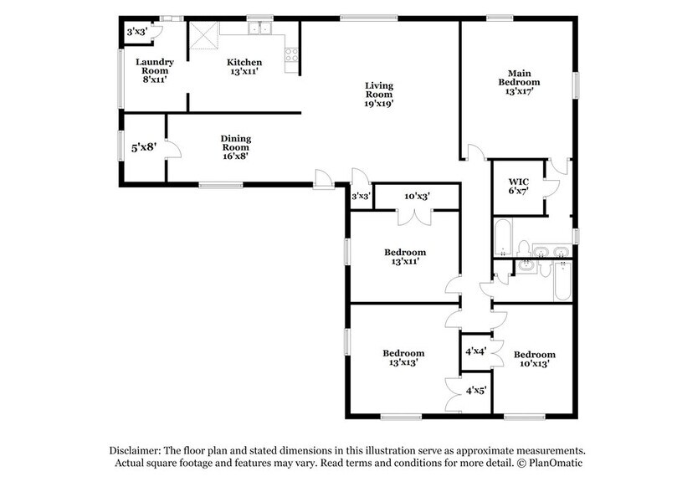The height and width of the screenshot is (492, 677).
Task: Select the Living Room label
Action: click(x=378, y=95)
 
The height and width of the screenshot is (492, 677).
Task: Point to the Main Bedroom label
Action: click(x=519, y=82)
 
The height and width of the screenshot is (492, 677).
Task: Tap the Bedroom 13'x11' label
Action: click(x=405, y=257)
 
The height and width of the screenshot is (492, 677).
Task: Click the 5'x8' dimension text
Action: click(x=144, y=148)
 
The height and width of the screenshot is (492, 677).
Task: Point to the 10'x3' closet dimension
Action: click(x=416, y=197)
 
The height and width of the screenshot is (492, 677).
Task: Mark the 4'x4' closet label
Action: click(x=475, y=351)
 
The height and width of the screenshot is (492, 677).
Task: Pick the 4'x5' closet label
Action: click(x=475, y=389)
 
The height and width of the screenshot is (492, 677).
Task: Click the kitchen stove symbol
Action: click(x=292, y=58)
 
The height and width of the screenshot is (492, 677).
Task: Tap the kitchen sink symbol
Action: click(x=261, y=30)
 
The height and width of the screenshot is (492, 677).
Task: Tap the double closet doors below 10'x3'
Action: click(x=405, y=217)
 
